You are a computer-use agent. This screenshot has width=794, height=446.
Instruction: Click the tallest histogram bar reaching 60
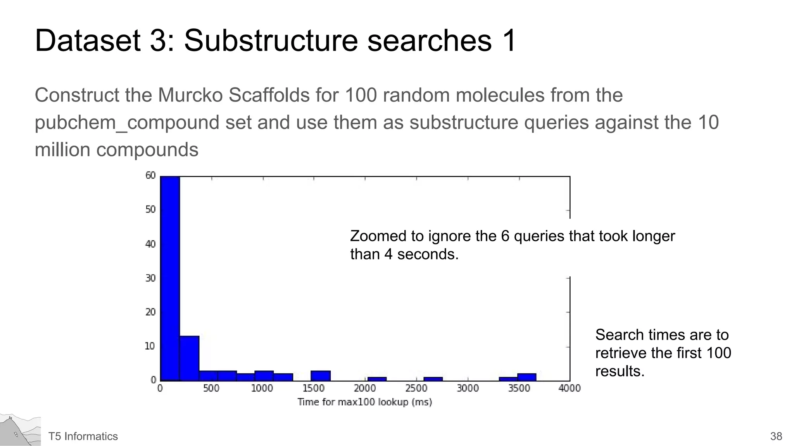170,279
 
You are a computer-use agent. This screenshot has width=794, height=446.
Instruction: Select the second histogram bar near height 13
190,358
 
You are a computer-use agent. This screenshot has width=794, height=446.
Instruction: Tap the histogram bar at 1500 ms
321,376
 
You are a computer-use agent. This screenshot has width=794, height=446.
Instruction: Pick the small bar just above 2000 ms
377,379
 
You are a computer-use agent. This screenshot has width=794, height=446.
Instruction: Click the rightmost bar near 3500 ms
526,377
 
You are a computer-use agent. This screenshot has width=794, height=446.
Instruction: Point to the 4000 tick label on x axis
569,388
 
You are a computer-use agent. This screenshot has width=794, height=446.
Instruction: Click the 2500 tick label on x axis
416,388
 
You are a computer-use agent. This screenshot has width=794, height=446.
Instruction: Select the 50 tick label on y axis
150,209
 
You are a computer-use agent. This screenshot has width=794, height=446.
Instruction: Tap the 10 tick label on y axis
150,346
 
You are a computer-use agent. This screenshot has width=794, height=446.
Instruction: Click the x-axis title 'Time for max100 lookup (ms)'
364,402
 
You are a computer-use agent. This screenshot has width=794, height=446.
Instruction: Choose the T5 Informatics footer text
83,436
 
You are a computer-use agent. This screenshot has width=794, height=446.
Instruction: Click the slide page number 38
776,436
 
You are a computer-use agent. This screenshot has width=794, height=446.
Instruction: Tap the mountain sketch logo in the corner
20,431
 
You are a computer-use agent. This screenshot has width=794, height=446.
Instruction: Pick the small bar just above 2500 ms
433,379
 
